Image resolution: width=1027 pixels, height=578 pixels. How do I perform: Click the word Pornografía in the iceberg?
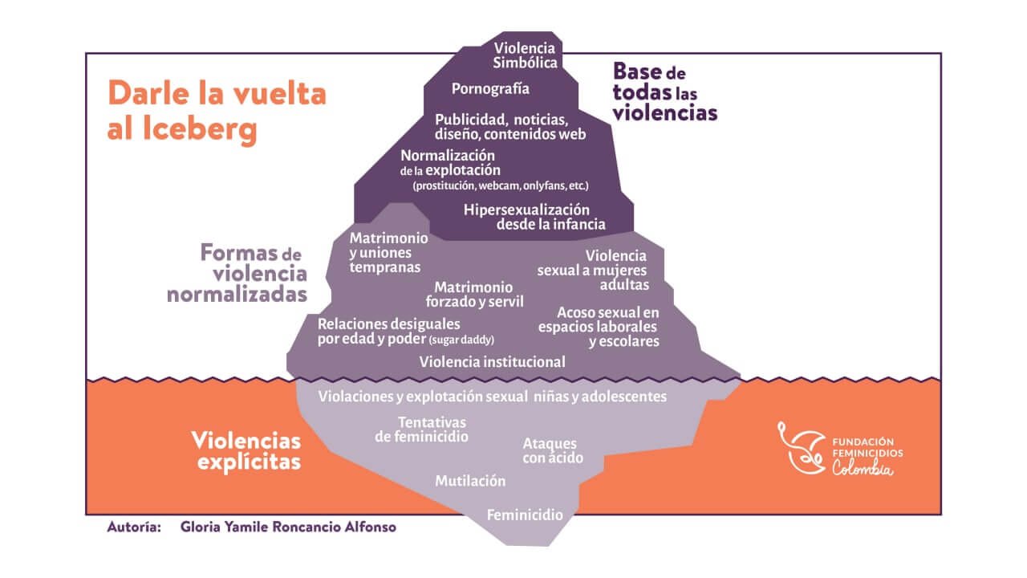(x=490, y=88)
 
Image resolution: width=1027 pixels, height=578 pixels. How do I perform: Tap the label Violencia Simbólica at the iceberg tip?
(x=525, y=55)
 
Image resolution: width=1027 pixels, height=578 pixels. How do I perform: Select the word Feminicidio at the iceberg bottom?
(x=525, y=515)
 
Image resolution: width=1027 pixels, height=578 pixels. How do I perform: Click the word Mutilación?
(x=470, y=481)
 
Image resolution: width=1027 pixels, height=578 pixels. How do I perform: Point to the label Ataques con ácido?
(x=553, y=450)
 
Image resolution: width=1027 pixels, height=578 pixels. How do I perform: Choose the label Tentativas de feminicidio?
(x=421, y=429)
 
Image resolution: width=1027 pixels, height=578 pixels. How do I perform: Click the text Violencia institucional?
(x=492, y=361)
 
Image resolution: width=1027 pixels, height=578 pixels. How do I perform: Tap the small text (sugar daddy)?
(x=461, y=340)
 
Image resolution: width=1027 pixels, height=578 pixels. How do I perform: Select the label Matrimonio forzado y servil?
(x=474, y=295)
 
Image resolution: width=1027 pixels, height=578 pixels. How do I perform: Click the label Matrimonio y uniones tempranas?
(x=388, y=252)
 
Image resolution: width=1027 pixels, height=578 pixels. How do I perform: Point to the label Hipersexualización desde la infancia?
(x=534, y=217)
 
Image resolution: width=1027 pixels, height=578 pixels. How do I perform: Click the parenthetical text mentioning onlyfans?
(x=501, y=185)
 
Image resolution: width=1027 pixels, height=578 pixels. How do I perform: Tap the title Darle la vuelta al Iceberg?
(x=217, y=111)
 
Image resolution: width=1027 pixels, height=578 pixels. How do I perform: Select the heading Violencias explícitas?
(x=246, y=450)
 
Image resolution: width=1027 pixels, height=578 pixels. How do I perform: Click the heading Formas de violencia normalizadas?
(x=237, y=274)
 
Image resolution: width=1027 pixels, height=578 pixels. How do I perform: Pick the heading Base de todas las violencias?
(x=665, y=92)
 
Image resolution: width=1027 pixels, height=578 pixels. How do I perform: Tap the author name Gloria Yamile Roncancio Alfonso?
(x=288, y=527)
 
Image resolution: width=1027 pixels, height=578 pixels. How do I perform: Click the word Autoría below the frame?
(x=134, y=527)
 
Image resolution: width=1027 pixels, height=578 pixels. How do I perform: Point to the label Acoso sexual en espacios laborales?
(x=599, y=327)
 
